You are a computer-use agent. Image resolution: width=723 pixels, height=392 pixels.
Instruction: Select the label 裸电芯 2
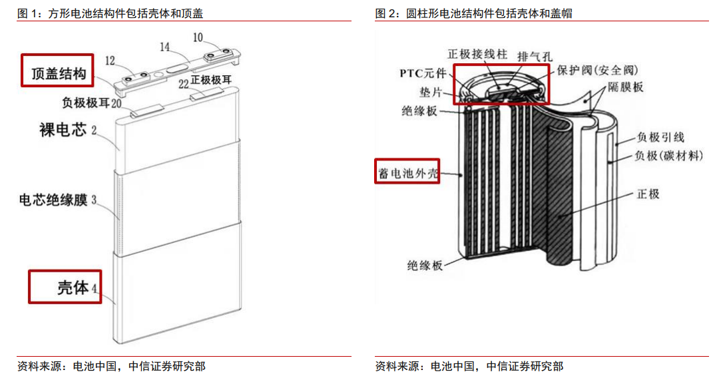click(x=68, y=130)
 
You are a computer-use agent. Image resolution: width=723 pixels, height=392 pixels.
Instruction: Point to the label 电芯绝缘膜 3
click(x=58, y=200)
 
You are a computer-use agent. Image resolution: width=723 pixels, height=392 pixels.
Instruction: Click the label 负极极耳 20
click(x=92, y=102)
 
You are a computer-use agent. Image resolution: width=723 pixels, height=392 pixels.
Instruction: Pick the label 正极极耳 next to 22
click(x=211, y=80)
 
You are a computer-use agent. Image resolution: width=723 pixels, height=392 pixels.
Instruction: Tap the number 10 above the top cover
click(x=198, y=37)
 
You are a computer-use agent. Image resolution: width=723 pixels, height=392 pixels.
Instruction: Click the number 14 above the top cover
click(x=164, y=47)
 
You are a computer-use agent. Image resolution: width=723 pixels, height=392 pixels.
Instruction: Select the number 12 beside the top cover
click(x=110, y=61)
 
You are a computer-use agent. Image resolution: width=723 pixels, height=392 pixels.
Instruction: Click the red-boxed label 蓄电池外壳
click(x=407, y=174)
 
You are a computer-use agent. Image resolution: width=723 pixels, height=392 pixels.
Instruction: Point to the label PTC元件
click(x=423, y=73)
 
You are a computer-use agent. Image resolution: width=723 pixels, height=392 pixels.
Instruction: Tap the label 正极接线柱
click(x=477, y=55)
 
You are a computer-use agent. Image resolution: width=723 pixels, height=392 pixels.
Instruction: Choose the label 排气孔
click(x=535, y=57)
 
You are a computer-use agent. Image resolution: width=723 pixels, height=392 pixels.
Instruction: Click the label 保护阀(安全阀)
click(x=598, y=70)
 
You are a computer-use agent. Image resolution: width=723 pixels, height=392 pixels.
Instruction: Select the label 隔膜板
click(x=625, y=87)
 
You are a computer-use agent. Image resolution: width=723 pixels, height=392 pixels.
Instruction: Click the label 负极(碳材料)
click(x=668, y=156)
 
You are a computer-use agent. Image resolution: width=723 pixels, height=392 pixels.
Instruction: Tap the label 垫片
click(x=431, y=93)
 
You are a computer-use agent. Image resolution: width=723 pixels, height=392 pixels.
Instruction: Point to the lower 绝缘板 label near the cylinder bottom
click(x=425, y=265)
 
